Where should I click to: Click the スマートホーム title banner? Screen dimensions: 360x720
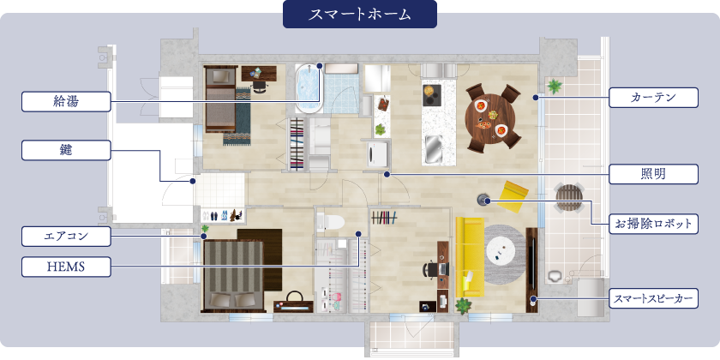(359, 15)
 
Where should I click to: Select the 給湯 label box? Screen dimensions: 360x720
(66, 102)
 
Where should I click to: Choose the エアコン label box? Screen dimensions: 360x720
(66, 234)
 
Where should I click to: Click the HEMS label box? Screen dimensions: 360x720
(66, 267)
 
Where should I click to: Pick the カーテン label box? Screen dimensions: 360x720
(653, 98)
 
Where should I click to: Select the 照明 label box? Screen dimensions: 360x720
(653, 174)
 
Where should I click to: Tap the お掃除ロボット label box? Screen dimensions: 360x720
(653, 225)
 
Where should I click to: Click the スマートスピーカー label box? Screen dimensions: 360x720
(653, 299)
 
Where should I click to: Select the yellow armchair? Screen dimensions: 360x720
(515, 195)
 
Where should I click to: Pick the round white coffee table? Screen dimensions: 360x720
(503, 249)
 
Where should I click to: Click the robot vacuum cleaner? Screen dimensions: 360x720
(483, 198)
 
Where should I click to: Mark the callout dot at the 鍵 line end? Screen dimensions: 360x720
(194, 181)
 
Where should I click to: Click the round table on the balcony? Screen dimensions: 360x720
(568, 198)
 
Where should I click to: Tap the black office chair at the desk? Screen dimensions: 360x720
(429, 269)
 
